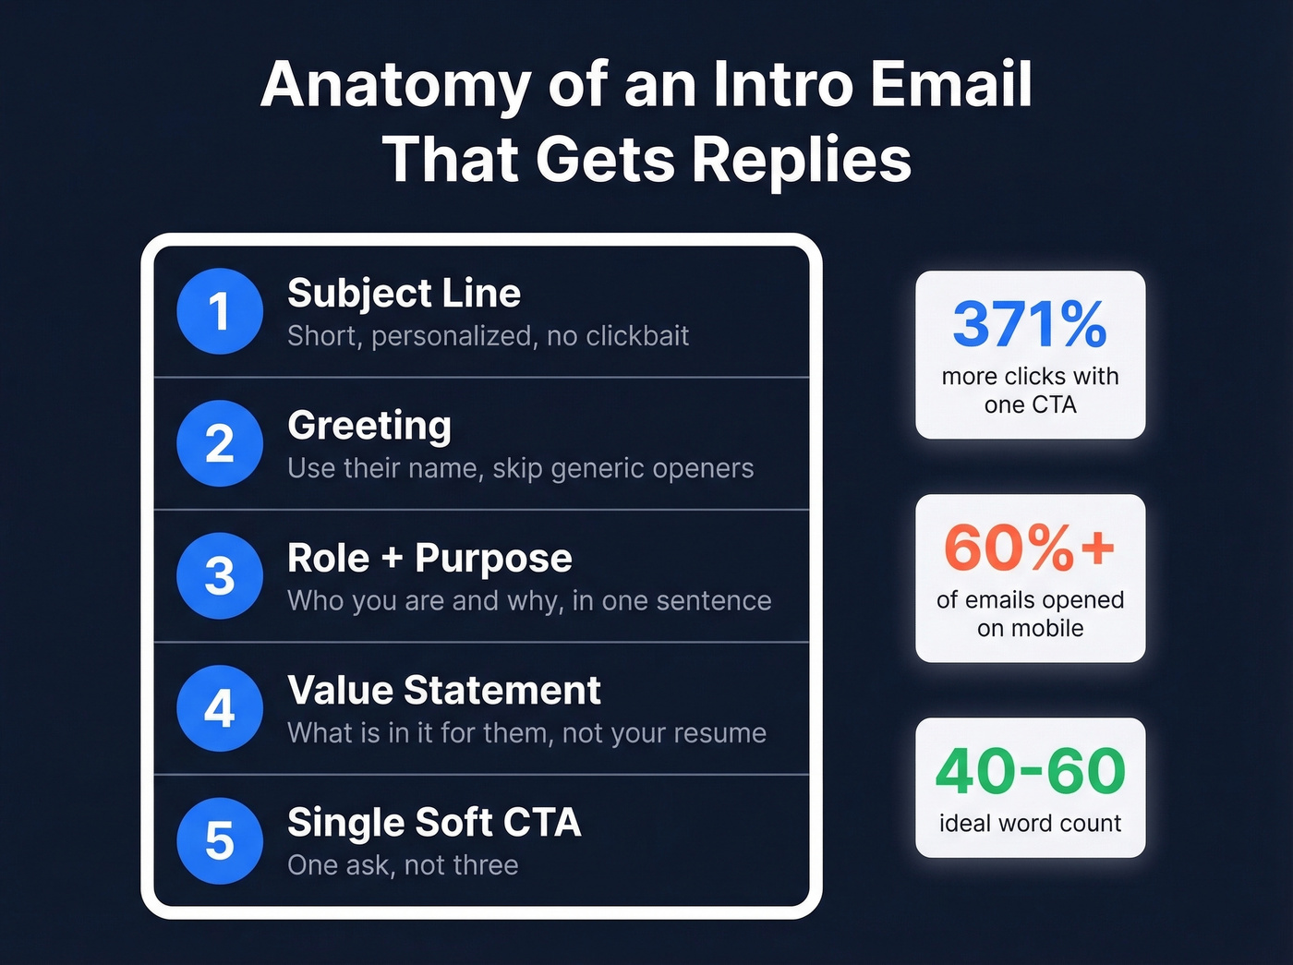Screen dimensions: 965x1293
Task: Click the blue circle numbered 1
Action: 220,311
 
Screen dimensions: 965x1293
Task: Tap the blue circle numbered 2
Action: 220,443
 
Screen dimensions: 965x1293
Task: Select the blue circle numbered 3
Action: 220,576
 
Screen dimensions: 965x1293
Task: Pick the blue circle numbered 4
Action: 220,708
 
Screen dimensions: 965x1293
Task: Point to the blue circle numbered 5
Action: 220,841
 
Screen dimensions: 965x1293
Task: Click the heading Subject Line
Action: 404,294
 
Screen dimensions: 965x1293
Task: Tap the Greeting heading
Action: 369,427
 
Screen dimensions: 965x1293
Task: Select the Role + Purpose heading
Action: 429,559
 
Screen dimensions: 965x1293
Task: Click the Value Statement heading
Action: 443,691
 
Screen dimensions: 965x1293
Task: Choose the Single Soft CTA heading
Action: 434,823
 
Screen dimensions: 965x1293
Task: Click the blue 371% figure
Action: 1030,324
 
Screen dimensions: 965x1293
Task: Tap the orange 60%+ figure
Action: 1030,548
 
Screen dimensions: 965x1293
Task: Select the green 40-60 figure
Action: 1030,771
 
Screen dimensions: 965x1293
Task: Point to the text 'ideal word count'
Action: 1030,823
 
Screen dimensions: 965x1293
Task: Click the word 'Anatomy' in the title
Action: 395,85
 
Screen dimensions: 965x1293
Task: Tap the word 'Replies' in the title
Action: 801,160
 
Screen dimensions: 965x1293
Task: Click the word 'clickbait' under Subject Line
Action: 637,336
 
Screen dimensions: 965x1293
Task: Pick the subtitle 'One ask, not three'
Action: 403,865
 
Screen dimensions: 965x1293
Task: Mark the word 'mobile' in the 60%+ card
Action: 1044,629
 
